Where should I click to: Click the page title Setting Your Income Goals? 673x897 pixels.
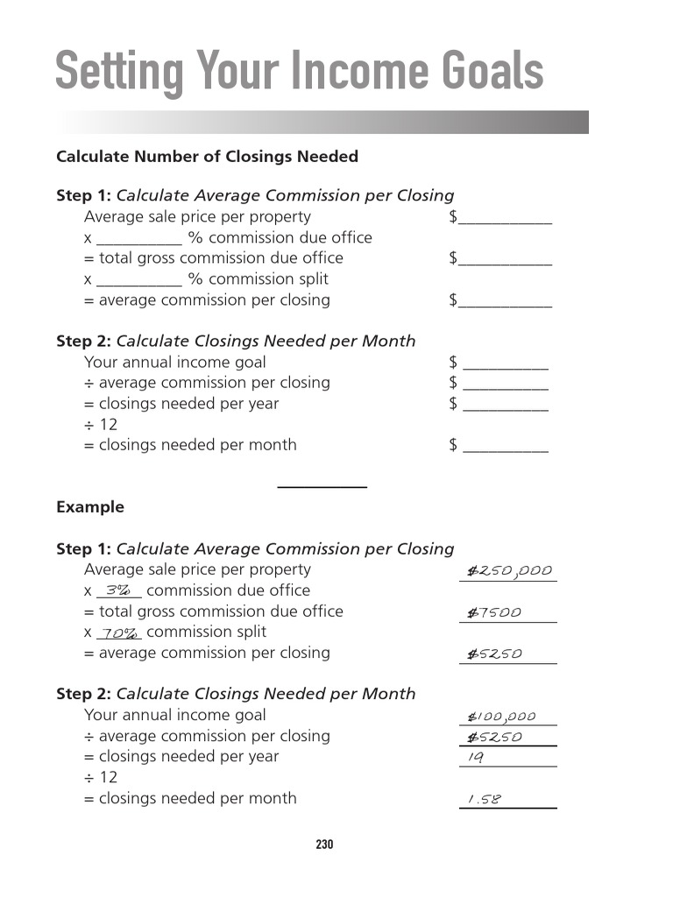point(299,71)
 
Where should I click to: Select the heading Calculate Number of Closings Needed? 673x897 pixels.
point(207,157)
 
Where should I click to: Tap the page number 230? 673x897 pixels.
point(324,845)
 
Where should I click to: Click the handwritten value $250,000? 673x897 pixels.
point(508,571)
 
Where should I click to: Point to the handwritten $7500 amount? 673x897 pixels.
point(493,613)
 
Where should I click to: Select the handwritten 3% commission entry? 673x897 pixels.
point(118,591)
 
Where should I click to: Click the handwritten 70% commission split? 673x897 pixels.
point(119,633)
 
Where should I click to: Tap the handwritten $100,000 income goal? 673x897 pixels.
point(500,717)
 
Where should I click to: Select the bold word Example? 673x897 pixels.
point(90,507)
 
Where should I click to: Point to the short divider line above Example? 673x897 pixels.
point(322,486)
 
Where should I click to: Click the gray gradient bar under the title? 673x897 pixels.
point(322,122)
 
